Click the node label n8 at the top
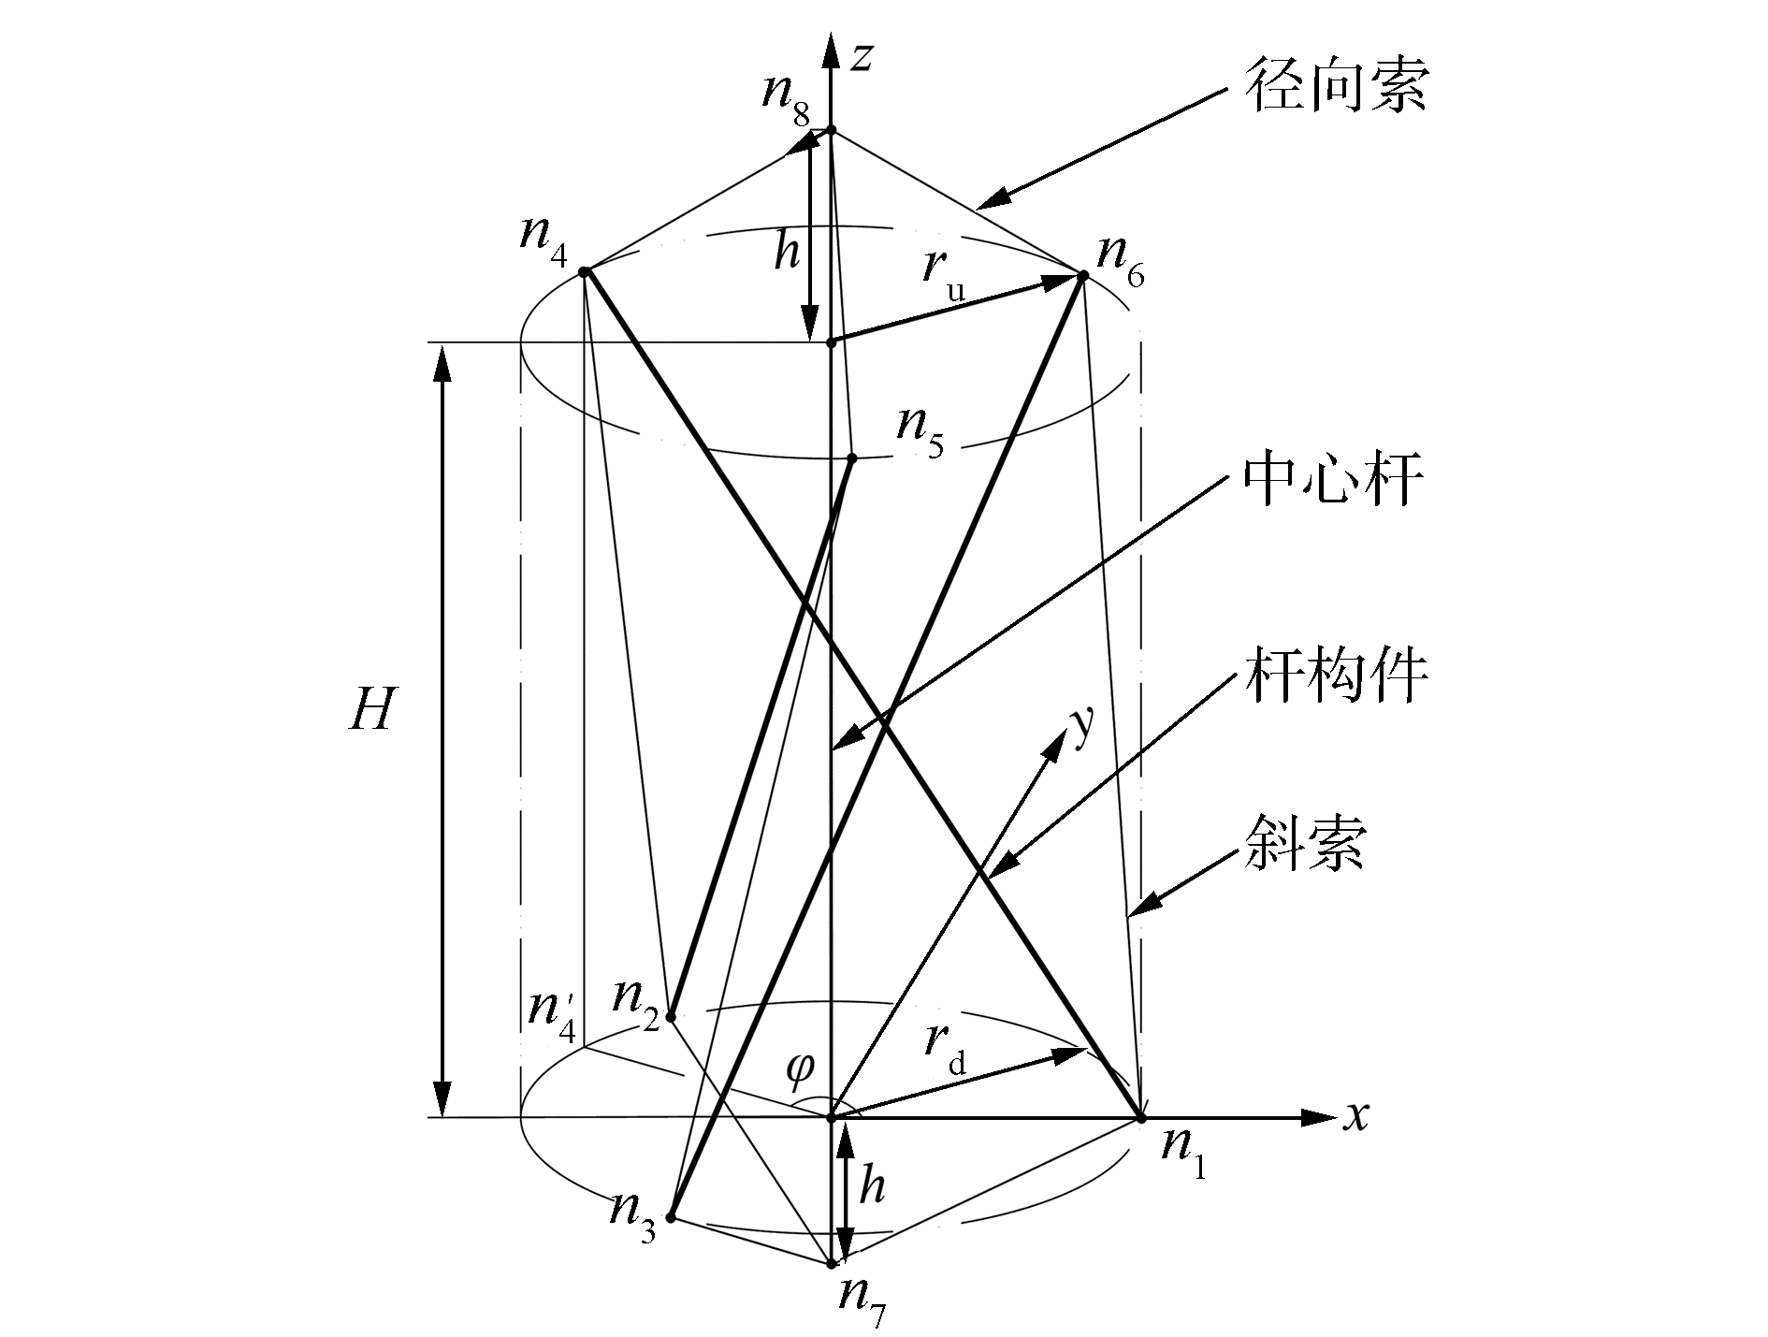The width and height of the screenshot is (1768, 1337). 787,97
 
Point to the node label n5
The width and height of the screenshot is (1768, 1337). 920,429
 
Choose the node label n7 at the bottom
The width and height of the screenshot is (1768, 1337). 862,1298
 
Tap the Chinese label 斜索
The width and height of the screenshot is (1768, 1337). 1305,844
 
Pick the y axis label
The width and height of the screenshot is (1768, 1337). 1082,726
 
